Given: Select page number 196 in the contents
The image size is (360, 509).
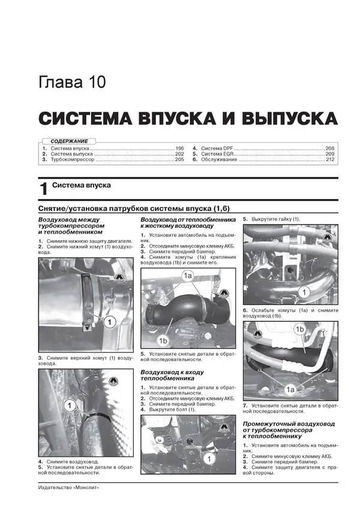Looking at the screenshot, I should [x=179, y=147].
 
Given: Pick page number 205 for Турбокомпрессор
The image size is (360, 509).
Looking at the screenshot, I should [x=179, y=161].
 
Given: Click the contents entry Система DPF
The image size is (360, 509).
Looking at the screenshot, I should [x=217, y=147].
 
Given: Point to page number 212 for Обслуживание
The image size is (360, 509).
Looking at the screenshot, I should [x=330, y=161].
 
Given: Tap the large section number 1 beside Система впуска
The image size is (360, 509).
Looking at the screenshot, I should [x=43, y=189].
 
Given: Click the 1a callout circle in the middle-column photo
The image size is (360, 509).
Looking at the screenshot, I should [x=188, y=276].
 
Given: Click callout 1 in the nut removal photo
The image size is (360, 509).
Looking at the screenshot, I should [x=304, y=293].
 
